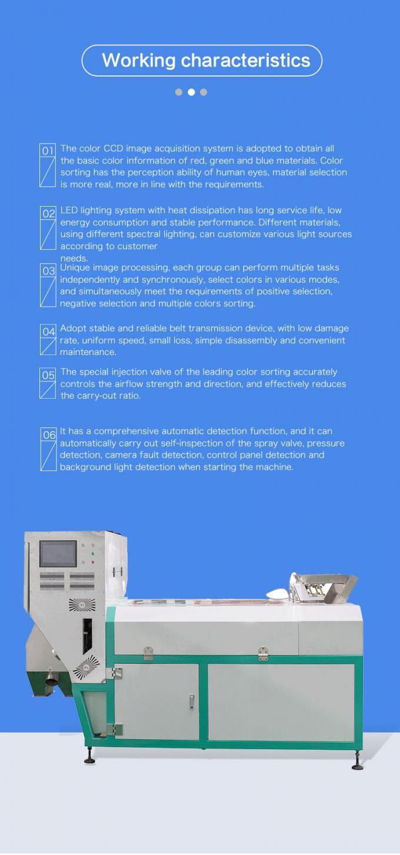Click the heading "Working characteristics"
[x=206, y=60]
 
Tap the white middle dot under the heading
[x=191, y=92]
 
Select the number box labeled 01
[x=48, y=151]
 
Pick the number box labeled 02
[x=48, y=213]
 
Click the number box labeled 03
[x=48, y=270]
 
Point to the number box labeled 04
[x=48, y=332]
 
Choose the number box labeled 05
[x=48, y=375]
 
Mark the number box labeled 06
[x=48, y=435]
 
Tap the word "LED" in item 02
[x=69, y=210]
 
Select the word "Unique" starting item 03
[x=75, y=268]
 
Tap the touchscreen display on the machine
[x=58, y=554]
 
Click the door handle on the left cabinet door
[x=191, y=701]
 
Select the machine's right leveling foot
[x=357, y=766]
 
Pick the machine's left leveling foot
[x=89, y=760]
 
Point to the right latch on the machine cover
[x=263, y=652]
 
